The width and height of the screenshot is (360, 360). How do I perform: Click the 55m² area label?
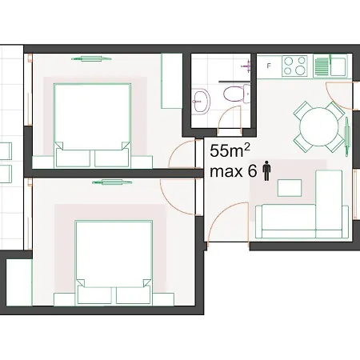pos(230,150)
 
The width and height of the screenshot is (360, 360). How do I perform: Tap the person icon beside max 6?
pos(266,171)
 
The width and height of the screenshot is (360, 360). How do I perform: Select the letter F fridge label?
pos(269,66)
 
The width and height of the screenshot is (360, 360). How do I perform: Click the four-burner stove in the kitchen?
pos(294,66)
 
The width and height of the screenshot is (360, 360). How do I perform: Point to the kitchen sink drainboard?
pos(322,66)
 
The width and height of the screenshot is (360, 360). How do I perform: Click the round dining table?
pos(319,127)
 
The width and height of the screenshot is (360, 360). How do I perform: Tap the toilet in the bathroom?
pos(236,94)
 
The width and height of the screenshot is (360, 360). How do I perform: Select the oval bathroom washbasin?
pos(201,102)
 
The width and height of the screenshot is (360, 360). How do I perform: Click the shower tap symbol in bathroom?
pos(246,66)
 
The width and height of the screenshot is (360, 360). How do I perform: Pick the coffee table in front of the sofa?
pos(290,188)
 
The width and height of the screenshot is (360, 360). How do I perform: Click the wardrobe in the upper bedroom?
pos(172,81)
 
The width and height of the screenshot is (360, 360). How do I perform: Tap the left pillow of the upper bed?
pos(73,158)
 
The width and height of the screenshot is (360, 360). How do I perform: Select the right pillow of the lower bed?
pos(134,295)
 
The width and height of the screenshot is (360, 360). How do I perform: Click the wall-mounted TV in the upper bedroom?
pos(91,59)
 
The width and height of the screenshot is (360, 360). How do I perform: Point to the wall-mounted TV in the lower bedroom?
pos(112,182)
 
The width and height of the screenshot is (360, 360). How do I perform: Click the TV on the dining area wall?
pos(347,136)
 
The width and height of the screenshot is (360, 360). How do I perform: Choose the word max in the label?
pos(226,171)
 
